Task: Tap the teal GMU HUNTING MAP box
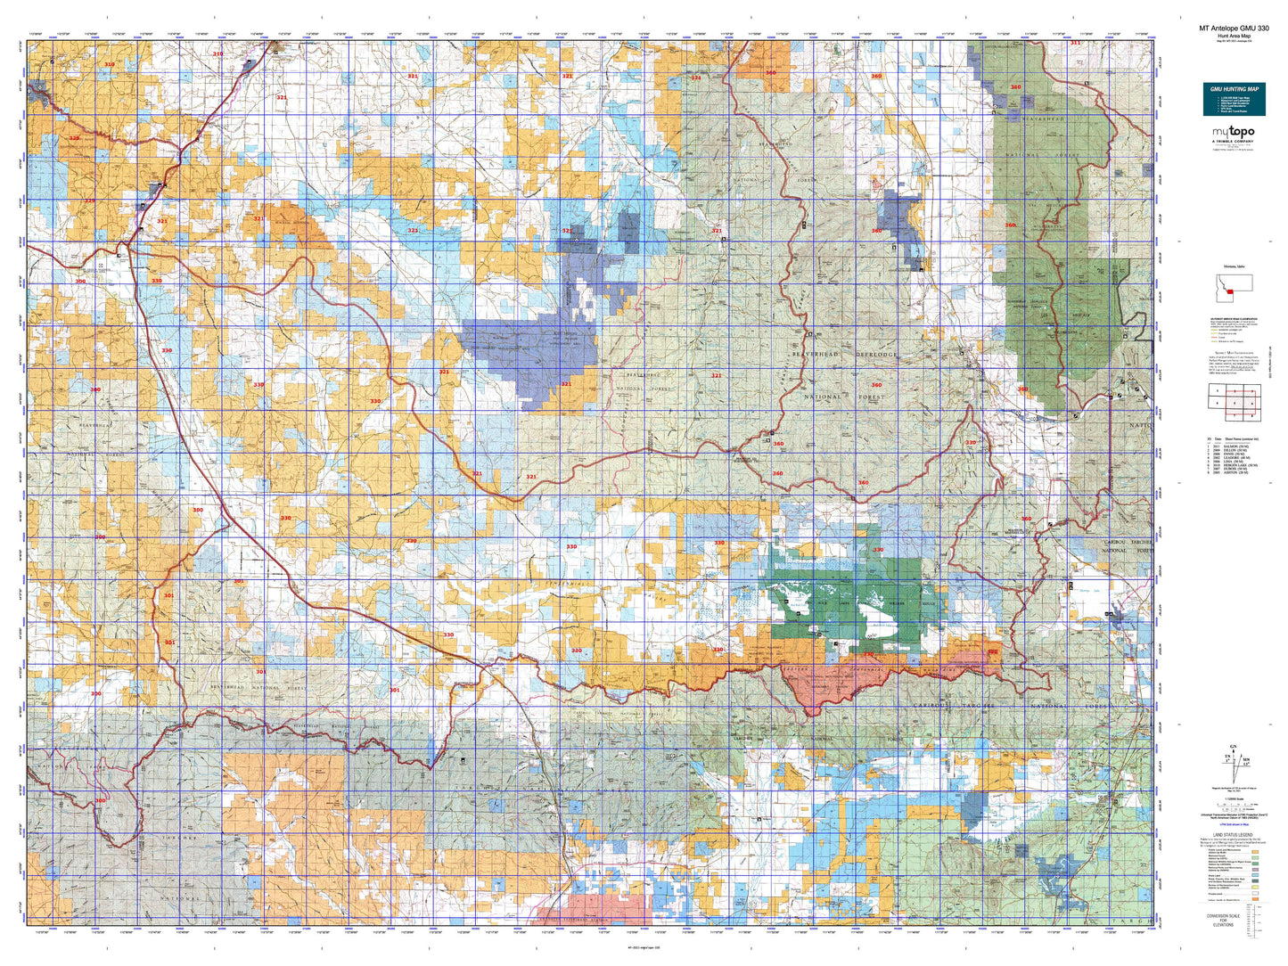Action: pos(1234,99)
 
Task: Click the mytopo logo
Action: pos(1232,133)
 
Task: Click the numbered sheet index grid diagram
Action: pos(1234,403)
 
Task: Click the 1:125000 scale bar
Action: pos(1234,804)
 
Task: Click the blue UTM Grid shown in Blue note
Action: pos(1234,825)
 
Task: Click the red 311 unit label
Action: pos(1076,43)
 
